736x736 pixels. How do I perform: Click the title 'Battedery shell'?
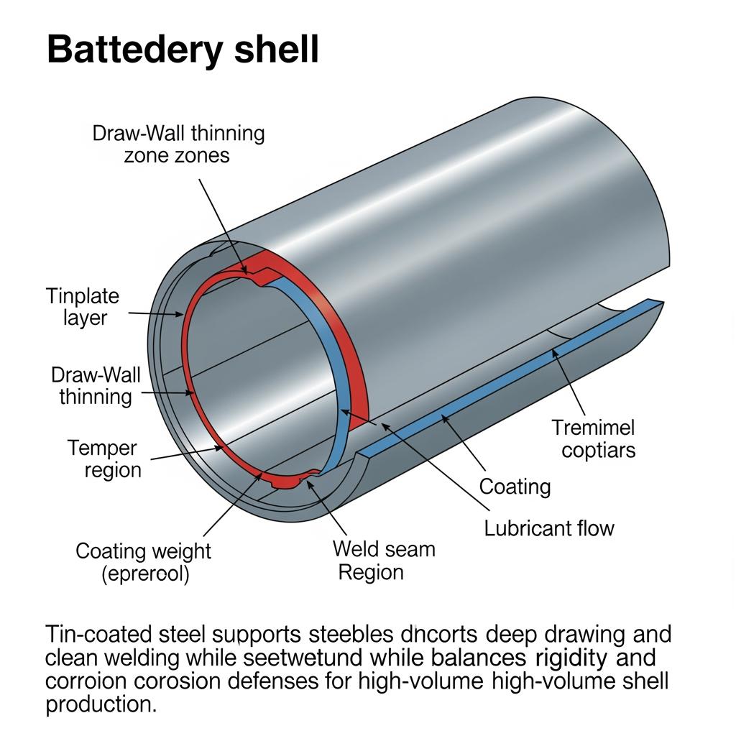[x=183, y=51]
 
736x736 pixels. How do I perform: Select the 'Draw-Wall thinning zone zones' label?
[x=178, y=144]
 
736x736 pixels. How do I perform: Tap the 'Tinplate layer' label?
[x=83, y=306]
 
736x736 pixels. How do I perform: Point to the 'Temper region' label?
[x=102, y=459]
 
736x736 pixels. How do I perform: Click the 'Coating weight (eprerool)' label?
[x=144, y=563]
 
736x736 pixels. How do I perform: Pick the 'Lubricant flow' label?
[x=549, y=528]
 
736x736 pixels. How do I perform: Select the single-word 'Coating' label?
[x=515, y=487]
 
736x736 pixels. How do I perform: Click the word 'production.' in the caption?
[x=101, y=704]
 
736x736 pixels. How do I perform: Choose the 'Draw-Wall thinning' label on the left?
[x=96, y=385]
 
